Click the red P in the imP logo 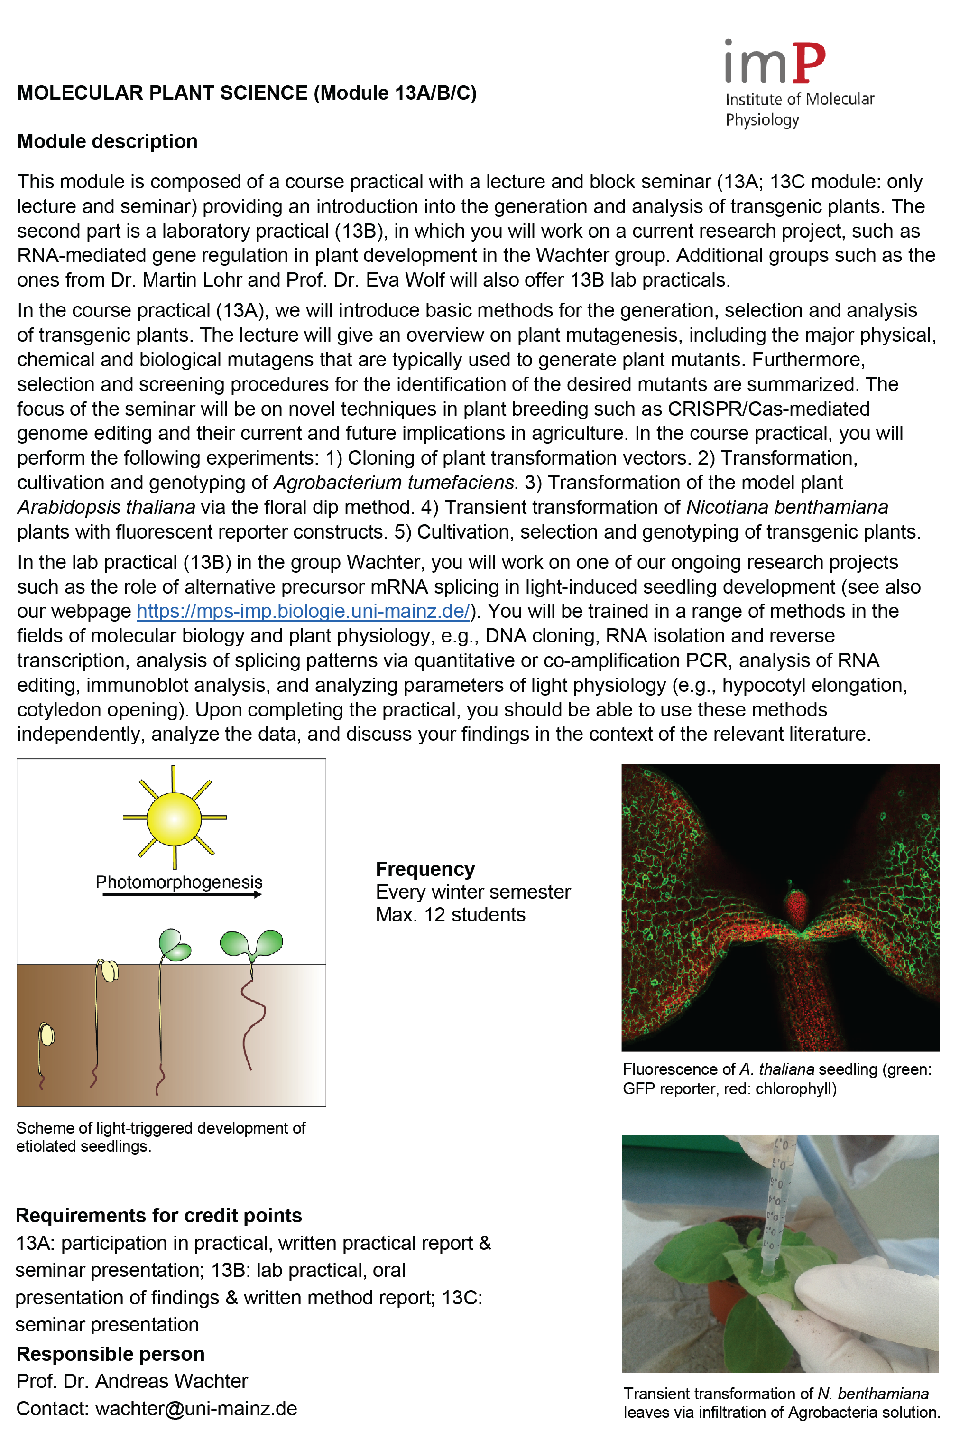[808, 62]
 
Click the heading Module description [107, 141]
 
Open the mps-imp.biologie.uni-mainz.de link [303, 611]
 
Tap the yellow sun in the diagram [174, 818]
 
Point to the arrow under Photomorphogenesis [182, 895]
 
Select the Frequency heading [425, 869]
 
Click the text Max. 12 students [450, 914]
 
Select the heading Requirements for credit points [159, 1215]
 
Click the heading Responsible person [110, 1354]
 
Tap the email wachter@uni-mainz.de [196, 1409]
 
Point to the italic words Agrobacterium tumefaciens [393, 483]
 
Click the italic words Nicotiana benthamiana [786, 507]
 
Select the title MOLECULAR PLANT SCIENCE [163, 93]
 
